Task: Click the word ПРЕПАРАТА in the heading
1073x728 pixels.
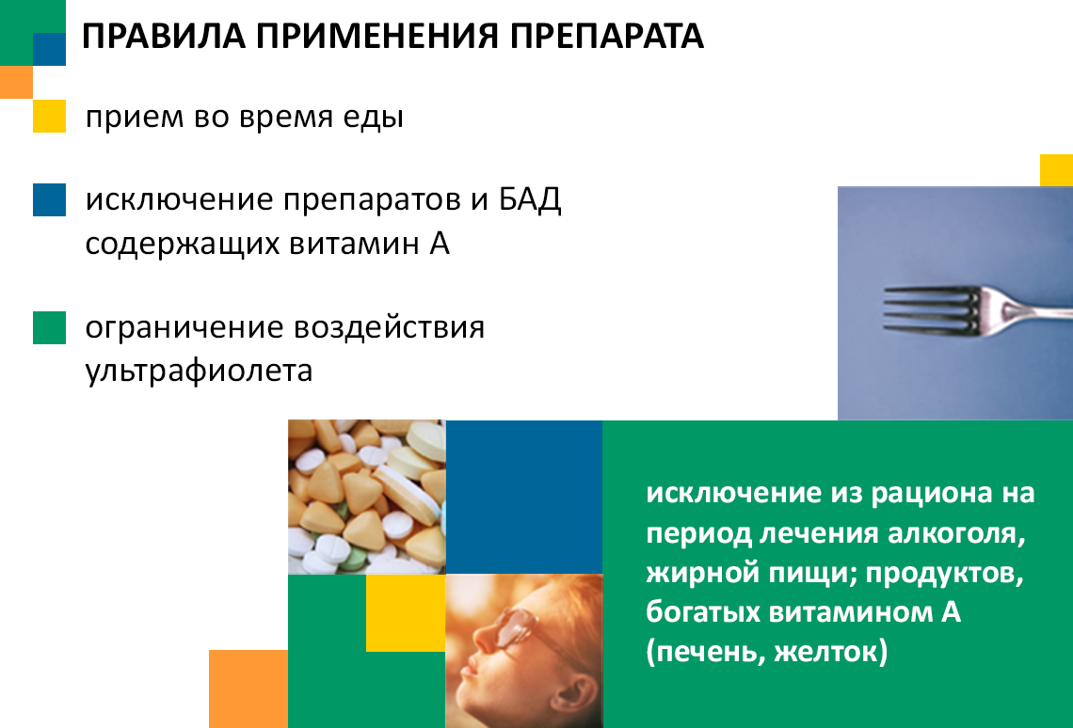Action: [x=606, y=37]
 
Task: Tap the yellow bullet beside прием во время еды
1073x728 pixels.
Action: [x=49, y=116]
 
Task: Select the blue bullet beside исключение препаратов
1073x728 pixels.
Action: [x=49, y=199]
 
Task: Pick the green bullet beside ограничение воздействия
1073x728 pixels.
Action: [x=49, y=327]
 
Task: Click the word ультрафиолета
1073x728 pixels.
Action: [x=200, y=372]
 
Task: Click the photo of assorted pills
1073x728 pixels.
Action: [x=367, y=497]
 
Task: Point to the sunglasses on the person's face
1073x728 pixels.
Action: [x=521, y=626]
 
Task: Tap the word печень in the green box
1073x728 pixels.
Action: [x=706, y=652]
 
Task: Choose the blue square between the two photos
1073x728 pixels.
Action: [x=524, y=497]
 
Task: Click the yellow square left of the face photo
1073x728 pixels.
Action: [x=406, y=613]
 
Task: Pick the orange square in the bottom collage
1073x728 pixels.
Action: [x=248, y=689]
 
